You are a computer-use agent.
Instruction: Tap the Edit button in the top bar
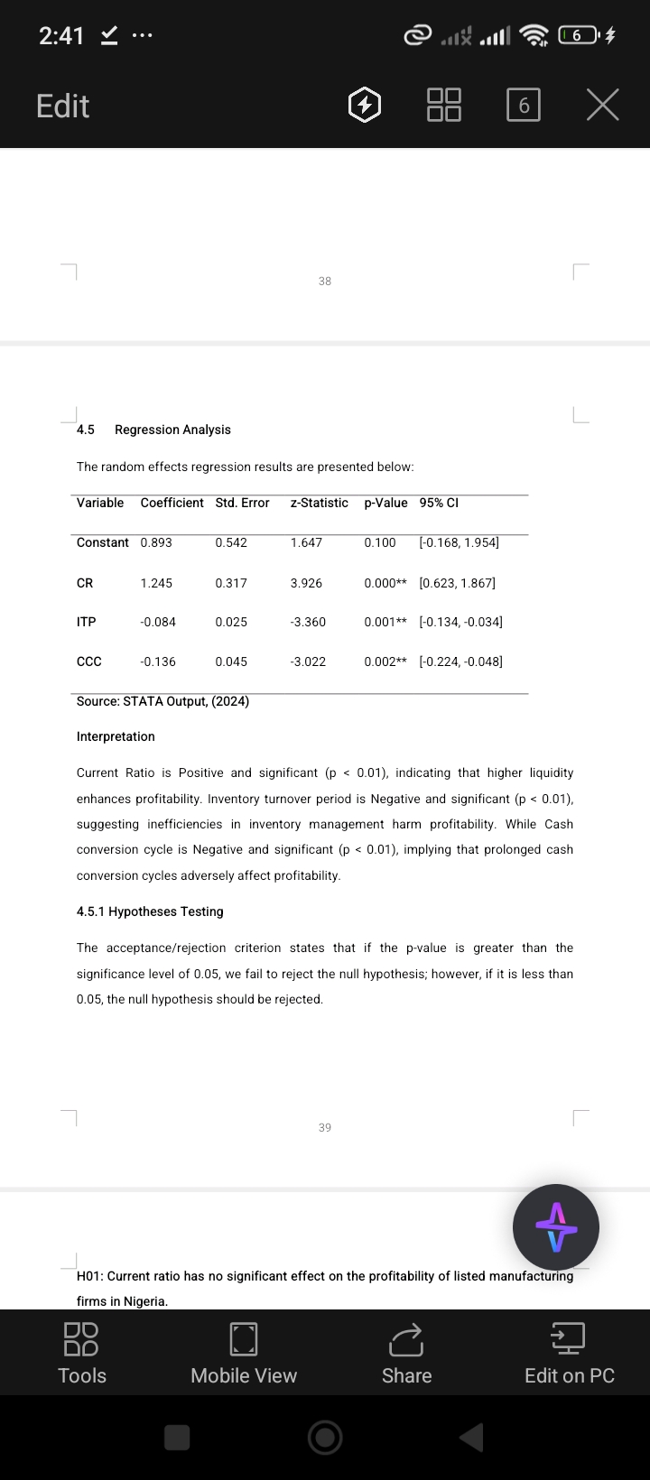(x=62, y=106)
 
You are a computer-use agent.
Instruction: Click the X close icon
(x=602, y=106)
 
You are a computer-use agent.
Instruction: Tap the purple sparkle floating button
(x=555, y=1227)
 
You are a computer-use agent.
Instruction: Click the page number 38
(x=325, y=282)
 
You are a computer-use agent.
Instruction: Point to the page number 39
(x=325, y=1127)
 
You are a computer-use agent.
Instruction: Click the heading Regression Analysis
(x=172, y=430)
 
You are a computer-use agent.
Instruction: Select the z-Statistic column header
(x=319, y=503)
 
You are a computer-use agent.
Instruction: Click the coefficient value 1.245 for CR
(x=156, y=583)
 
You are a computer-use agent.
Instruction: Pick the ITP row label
(x=87, y=622)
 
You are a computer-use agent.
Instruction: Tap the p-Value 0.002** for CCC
(x=385, y=661)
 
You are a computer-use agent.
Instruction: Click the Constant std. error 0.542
(x=231, y=542)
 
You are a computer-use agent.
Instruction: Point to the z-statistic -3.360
(x=308, y=622)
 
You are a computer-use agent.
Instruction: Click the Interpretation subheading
(x=116, y=736)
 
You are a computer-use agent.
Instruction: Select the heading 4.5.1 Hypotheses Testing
(x=150, y=911)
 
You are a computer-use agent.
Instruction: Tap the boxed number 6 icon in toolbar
(x=524, y=106)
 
